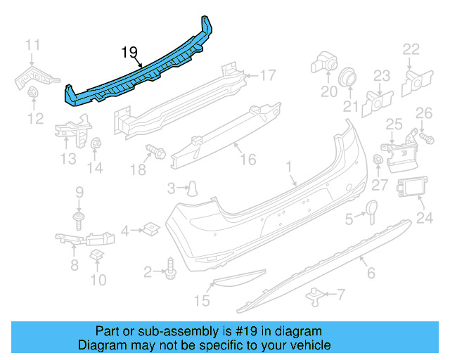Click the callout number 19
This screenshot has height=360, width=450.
click(129, 51)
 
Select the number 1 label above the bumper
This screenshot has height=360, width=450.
click(288, 167)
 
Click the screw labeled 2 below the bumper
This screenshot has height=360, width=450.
click(169, 267)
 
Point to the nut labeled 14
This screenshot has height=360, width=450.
click(96, 144)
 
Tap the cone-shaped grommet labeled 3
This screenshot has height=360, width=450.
click(191, 187)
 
